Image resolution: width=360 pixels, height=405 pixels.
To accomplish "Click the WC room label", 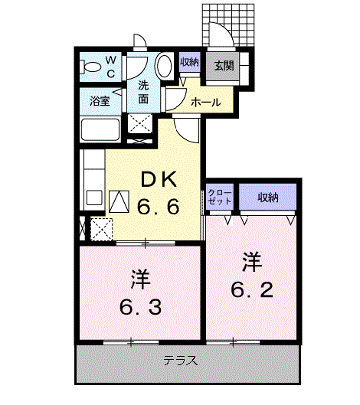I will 110,67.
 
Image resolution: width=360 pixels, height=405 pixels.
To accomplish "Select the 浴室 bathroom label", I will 100,100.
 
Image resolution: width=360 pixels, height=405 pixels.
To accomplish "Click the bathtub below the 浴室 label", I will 100,132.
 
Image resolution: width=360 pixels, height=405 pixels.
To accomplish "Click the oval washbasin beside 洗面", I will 164,67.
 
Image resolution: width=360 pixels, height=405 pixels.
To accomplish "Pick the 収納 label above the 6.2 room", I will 267,198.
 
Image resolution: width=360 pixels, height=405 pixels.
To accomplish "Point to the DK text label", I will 158,181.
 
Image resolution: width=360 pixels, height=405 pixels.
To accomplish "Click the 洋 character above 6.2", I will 252,262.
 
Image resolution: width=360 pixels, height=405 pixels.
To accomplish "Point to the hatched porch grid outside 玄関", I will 230,23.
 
